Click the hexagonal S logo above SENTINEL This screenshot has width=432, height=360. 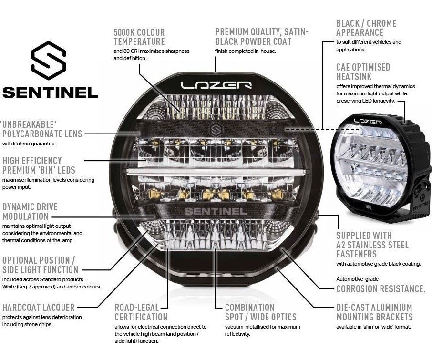click(49, 61)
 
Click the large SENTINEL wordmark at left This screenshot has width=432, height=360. click(50, 93)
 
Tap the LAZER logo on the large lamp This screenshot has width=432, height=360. click(216, 85)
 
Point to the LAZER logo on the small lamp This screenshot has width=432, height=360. click(368, 122)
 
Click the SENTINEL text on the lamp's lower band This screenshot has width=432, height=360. click(216, 212)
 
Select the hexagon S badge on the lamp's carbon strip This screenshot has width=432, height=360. click(216, 130)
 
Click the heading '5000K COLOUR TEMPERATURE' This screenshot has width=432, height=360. click(139, 37)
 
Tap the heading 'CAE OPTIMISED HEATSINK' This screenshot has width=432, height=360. click(363, 72)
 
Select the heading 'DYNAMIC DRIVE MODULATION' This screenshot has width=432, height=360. click(30, 212)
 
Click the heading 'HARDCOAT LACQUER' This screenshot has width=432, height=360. click(38, 308)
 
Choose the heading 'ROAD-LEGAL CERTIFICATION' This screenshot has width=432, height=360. click(141, 312)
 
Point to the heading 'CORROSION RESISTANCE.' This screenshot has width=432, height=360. click(381, 289)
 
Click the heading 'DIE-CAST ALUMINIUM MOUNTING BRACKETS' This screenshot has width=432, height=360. click(374, 312)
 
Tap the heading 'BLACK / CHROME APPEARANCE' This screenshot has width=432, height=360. click(366, 28)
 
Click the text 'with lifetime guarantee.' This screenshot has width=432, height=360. click(29, 144)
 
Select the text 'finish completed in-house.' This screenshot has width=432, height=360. click(245, 51)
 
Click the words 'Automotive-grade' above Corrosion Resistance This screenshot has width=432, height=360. click(357, 279)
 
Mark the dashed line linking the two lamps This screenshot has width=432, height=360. click(323, 129)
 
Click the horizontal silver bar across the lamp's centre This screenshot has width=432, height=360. click(216, 172)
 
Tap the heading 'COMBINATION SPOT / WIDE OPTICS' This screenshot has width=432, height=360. click(261, 312)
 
